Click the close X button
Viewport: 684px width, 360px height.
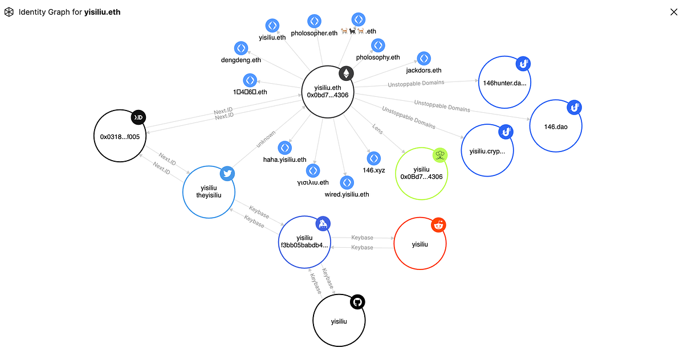(x=673, y=12)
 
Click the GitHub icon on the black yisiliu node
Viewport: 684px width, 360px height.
(x=357, y=302)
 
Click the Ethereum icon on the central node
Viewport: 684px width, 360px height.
(x=345, y=73)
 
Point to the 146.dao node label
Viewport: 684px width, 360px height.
(x=556, y=126)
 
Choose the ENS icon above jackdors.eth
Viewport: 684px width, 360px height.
(x=424, y=58)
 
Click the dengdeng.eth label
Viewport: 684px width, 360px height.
(x=241, y=60)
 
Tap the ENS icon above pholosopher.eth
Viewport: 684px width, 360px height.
(x=313, y=22)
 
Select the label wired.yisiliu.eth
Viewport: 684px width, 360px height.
(x=347, y=195)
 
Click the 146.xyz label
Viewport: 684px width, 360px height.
(x=374, y=170)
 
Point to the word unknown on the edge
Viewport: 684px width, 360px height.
(x=266, y=139)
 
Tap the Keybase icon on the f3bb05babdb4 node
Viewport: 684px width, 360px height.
(x=323, y=224)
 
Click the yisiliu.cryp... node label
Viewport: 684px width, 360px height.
(x=487, y=152)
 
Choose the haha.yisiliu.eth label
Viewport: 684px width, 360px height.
(x=284, y=160)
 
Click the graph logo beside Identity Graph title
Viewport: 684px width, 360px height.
(x=9, y=12)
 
